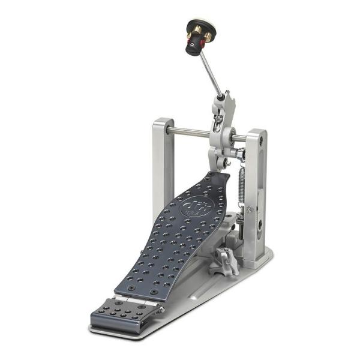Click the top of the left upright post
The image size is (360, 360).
pyautogui.click(x=163, y=122)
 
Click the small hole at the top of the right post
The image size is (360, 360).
pyautogui.click(x=262, y=142)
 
